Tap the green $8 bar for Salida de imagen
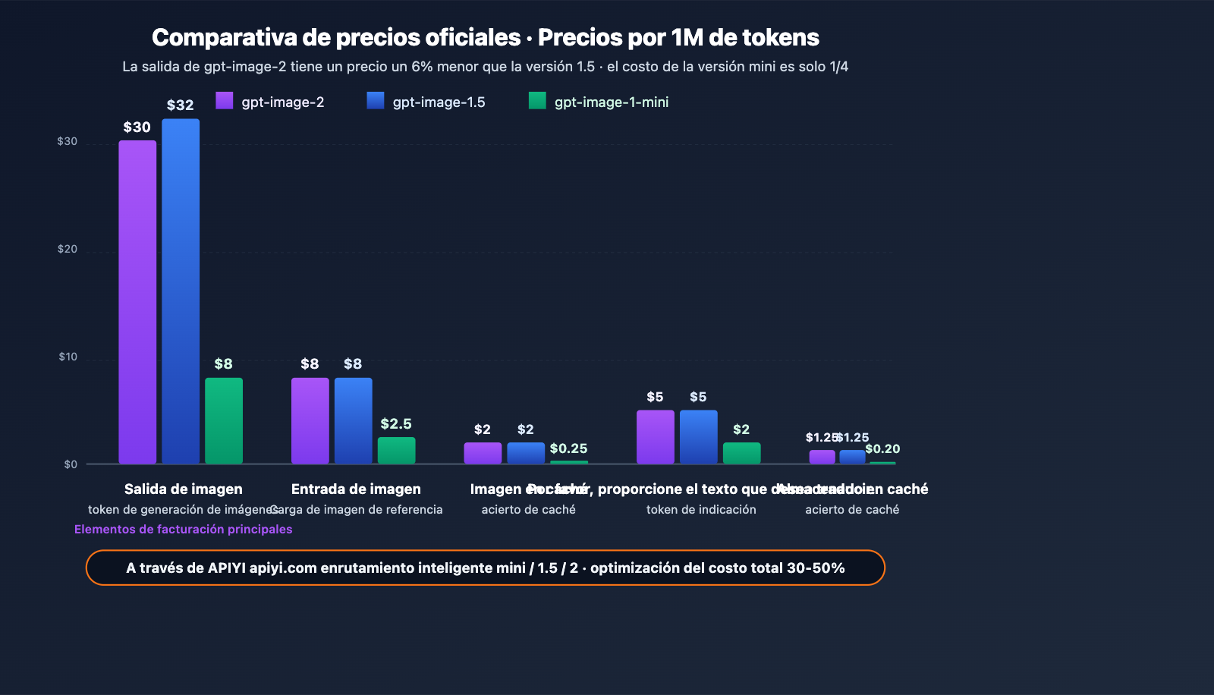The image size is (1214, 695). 224,420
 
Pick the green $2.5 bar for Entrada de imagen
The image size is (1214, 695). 396,450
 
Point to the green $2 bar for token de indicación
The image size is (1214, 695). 741,453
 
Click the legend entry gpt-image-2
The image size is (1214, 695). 270,102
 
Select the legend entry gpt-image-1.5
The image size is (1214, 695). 426,102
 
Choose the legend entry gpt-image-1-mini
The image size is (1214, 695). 599,102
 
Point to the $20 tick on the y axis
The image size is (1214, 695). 68,249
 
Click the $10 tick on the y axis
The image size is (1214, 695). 68,357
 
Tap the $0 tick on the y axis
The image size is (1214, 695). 71,464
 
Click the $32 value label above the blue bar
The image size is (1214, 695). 181,105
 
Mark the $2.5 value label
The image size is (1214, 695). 396,423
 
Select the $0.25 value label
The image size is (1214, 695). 568,448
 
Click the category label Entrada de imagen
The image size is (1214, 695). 356,489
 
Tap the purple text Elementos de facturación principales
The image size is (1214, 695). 183,529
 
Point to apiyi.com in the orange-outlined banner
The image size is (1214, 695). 283,568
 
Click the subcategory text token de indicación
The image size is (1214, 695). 701,510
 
